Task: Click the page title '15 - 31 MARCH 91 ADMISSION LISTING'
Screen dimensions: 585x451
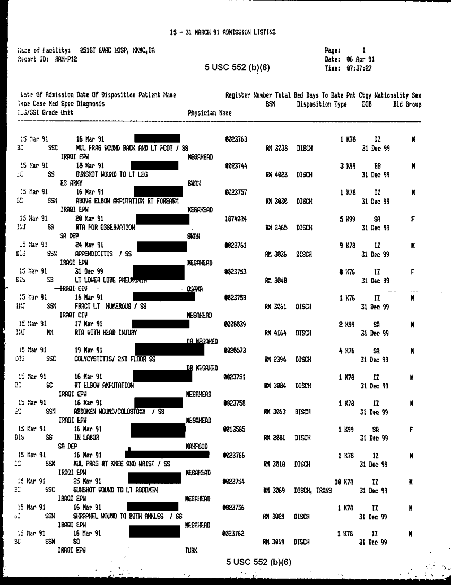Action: pos(223,32)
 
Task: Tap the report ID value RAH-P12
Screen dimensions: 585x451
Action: pos(66,59)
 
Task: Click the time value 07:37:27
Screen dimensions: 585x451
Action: pos(359,68)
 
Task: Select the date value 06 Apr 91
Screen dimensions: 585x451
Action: pos(360,59)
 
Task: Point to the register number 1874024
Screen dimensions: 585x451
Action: pos(236,219)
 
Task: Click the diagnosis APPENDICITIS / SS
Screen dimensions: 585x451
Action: pos(103,254)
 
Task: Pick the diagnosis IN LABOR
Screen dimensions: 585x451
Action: pos(86,438)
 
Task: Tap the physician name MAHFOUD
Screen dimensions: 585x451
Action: pos(196,447)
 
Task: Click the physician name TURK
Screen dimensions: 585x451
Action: pos(191,551)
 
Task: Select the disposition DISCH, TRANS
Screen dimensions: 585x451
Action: pos(313,490)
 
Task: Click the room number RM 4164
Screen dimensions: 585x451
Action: pos(275,333)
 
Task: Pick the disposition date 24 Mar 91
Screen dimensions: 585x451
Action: pos(89,245)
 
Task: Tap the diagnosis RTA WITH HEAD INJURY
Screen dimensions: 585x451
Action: pos(106,333)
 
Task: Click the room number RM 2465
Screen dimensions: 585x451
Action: pos(276,228)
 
